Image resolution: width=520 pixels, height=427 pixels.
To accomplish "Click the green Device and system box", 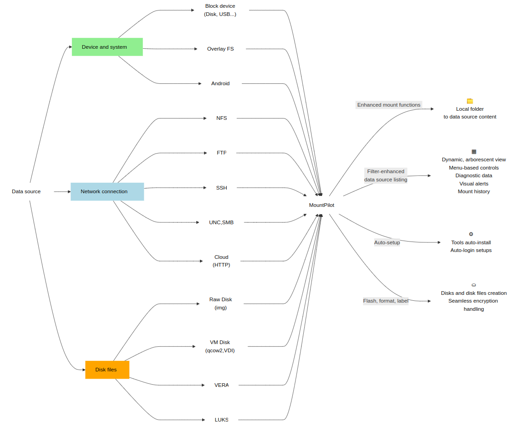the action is pos(107,47).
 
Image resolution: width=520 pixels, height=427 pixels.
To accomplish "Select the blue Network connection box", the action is pos(107,191).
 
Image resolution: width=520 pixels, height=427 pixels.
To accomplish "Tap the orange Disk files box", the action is pos(107,370).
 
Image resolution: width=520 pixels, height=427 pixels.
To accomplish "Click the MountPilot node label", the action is pos(321,205).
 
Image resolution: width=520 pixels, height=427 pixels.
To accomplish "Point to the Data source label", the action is pos(26,191).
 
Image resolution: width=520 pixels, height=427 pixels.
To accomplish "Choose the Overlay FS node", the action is pos(220,49).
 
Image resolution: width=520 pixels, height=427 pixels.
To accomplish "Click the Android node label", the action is pos(220,83).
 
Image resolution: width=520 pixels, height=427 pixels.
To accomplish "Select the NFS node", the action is pos(222,118).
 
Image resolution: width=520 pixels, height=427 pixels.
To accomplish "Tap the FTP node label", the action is pos(222,153).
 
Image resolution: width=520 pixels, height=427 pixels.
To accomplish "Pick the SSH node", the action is pos(222,188).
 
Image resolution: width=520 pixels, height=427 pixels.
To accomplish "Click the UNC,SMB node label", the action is pos(221,222).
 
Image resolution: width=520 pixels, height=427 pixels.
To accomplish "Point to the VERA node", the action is pos(222,385).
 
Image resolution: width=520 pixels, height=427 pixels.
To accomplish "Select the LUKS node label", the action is pos(222,420).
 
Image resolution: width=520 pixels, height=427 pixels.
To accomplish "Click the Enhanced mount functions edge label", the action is pos(389,105).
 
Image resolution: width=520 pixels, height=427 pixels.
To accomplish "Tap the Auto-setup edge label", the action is pos(387,242).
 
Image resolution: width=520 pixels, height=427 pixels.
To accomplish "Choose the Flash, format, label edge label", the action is pos(386,301).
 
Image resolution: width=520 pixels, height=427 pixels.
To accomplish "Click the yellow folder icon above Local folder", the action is pos(470,101).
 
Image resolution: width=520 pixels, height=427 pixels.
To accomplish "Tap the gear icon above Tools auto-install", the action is pos(471,234).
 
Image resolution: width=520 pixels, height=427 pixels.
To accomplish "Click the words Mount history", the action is pos(474,191).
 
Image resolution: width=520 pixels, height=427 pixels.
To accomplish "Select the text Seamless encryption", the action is pos(473,301).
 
